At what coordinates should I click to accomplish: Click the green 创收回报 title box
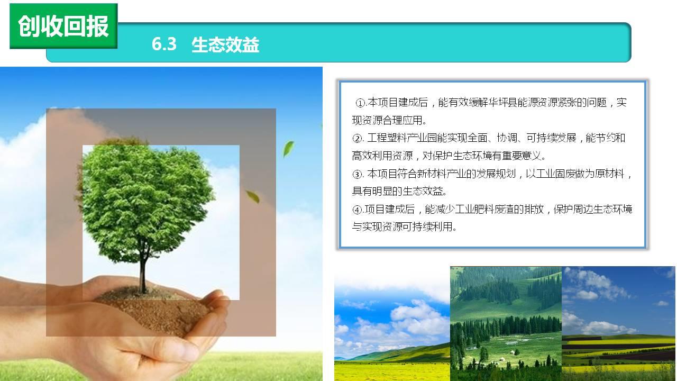tap(63, 26)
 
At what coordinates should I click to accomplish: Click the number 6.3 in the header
tap(164, 44)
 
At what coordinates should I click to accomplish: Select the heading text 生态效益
tap(225, 45)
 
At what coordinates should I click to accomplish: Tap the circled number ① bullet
tap(361, 103)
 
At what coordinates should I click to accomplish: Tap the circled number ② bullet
tap(357, 139)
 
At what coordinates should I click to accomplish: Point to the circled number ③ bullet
tap(357, 174)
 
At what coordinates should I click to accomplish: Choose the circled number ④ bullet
tap(357, 210)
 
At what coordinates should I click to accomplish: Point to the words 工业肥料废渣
tap(484, 209)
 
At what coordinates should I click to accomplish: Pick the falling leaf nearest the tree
tap(253, 196)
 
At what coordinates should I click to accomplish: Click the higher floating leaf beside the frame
tap(288, 149)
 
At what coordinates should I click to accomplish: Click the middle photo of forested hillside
tap(506, 323)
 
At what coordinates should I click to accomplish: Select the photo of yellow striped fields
tap(619, 323)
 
